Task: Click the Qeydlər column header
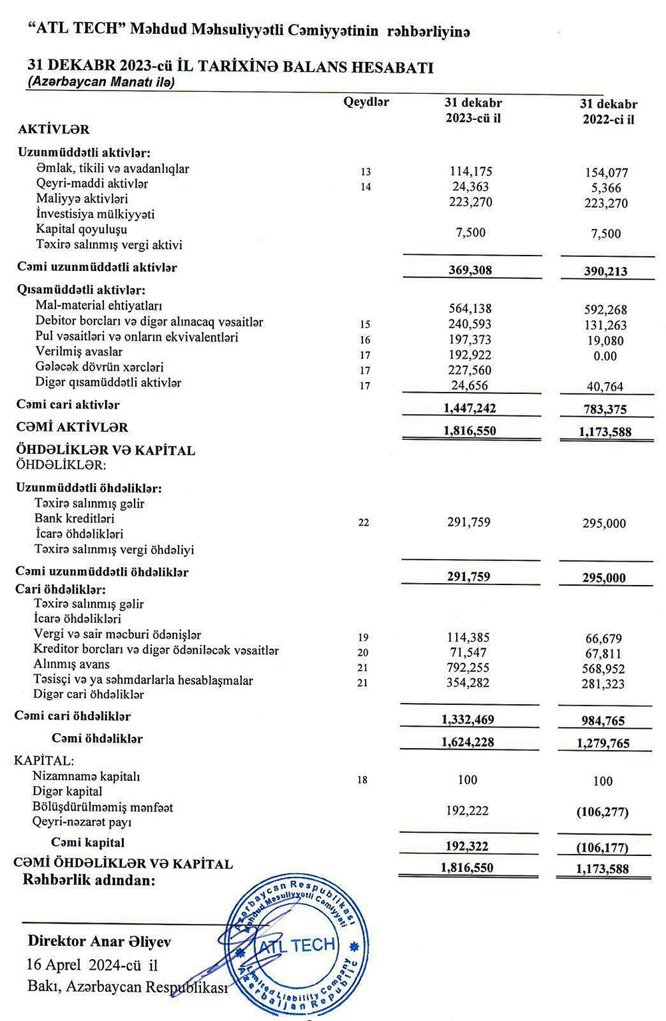tap(366, 102)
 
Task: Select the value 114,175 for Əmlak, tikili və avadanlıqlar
tap(471, 171)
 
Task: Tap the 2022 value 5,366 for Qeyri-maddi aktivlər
tap(606, 188)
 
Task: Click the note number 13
tap(365, 172)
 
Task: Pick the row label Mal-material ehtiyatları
tap(99, 306)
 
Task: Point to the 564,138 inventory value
tap(471, 308)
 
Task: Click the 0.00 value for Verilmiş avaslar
tap(605, 356)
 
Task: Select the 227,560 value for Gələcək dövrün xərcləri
tap(470, 370)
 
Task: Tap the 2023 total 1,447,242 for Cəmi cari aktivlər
tap(470, 408)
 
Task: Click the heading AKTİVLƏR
tap(53, 129)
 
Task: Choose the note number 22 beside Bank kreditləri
tap(363, 522)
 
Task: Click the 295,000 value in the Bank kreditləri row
tap(604, 524)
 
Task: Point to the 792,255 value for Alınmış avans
tap(469, 668)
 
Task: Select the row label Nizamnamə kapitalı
tap(86, 776)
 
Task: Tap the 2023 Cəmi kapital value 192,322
tap(466, 847)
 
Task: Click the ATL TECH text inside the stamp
tap(297, 945)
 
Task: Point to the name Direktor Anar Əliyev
tap(99, 941)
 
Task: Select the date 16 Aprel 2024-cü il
tap(92, 964)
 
